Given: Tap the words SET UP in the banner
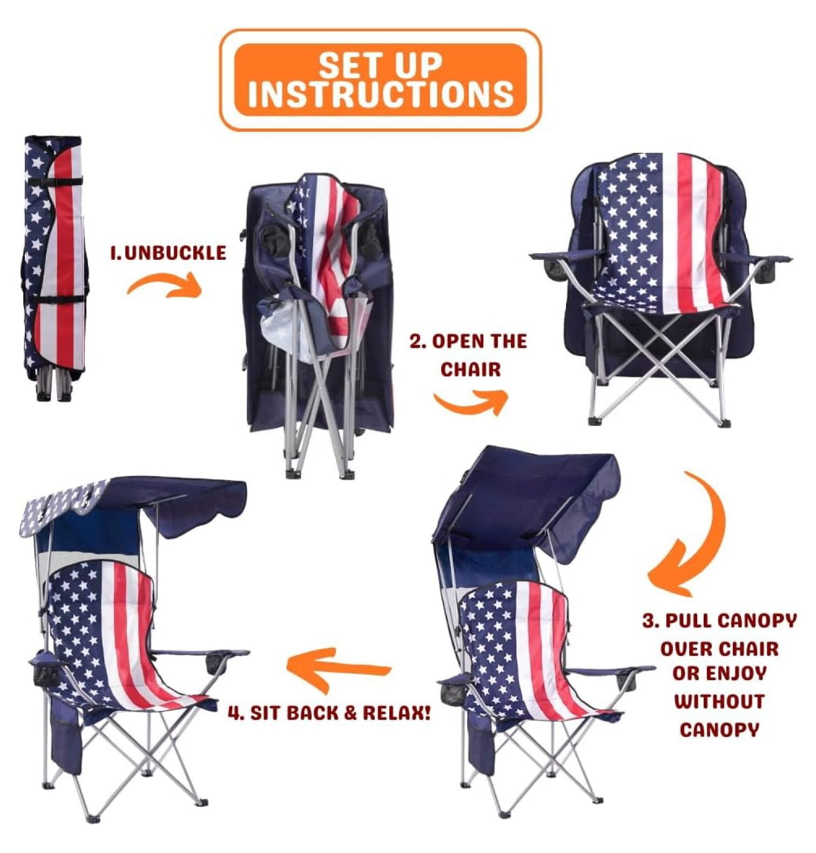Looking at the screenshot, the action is (x=380, y=65).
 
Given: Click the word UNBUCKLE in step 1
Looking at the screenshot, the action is (x=176, y=253).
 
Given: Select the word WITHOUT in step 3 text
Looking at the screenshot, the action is (x=719, y=702).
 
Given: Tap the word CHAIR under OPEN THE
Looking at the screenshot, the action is (x=470, y=370).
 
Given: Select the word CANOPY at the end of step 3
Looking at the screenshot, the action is (x=719, y=730).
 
